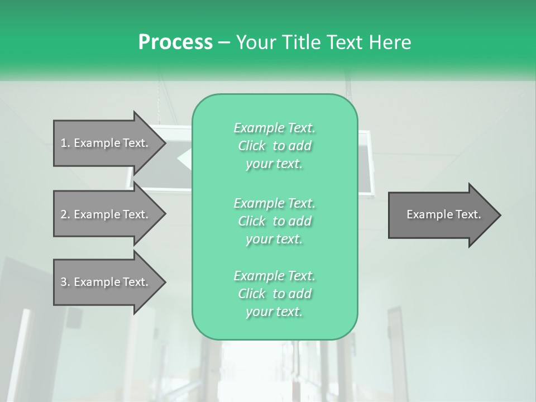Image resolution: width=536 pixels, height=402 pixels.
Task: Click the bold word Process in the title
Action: click(x=175, y=42)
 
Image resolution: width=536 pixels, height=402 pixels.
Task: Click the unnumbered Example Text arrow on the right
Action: click(x=441, y=214)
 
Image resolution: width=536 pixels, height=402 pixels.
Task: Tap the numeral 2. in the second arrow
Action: click(x=65, y=214)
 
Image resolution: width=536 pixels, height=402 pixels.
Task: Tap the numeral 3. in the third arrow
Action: click(x=65, y=282)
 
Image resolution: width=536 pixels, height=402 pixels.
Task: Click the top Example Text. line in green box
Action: click(x=274, y=128)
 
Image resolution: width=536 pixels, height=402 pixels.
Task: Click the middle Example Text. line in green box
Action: click(x=274, y=203)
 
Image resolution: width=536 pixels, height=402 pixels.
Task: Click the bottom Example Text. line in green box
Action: click(x=274, y=276)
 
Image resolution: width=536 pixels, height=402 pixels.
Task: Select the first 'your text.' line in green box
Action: click(x=274, y=164)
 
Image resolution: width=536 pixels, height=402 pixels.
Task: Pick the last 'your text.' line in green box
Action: click(x=274, y=312)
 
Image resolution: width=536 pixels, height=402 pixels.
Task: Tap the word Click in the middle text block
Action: click(x=252, y=221)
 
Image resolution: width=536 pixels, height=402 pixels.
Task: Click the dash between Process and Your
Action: click(x=224, y=42)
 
